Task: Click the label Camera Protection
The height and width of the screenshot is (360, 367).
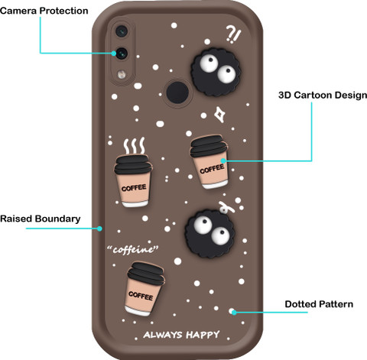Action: [44, 11]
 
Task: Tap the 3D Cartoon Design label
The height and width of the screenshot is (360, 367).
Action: [323, 96]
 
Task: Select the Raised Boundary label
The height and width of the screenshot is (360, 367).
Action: [41, 219]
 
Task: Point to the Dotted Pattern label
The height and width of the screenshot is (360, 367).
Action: [319, 304]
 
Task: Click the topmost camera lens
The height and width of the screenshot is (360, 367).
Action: [122, 31]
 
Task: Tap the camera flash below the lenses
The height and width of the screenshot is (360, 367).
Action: [122, 74]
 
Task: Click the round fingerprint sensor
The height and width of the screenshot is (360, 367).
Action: [177, 92]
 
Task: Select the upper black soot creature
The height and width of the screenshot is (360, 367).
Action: [216, 73]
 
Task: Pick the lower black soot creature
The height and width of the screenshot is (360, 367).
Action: [210, 234]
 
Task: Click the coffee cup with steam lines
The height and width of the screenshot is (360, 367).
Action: [133, 180]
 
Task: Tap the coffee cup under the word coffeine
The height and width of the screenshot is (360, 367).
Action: [145, 289]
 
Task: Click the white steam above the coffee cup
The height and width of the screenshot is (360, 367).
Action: [134, 146]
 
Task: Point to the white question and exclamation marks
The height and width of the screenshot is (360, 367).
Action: [233, 34]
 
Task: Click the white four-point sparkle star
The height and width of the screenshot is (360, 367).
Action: [219, 115]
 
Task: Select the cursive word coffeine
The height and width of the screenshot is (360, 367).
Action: [132, 249]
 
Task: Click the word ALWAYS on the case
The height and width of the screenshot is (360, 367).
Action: [163, 335]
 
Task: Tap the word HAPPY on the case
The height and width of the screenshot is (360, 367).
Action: [203, 335]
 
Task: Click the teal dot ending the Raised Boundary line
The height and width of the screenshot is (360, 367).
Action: [99, 229]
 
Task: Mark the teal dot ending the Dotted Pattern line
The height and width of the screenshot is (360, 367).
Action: [234, 312]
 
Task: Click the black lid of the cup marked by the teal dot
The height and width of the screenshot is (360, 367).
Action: [209, 145]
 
